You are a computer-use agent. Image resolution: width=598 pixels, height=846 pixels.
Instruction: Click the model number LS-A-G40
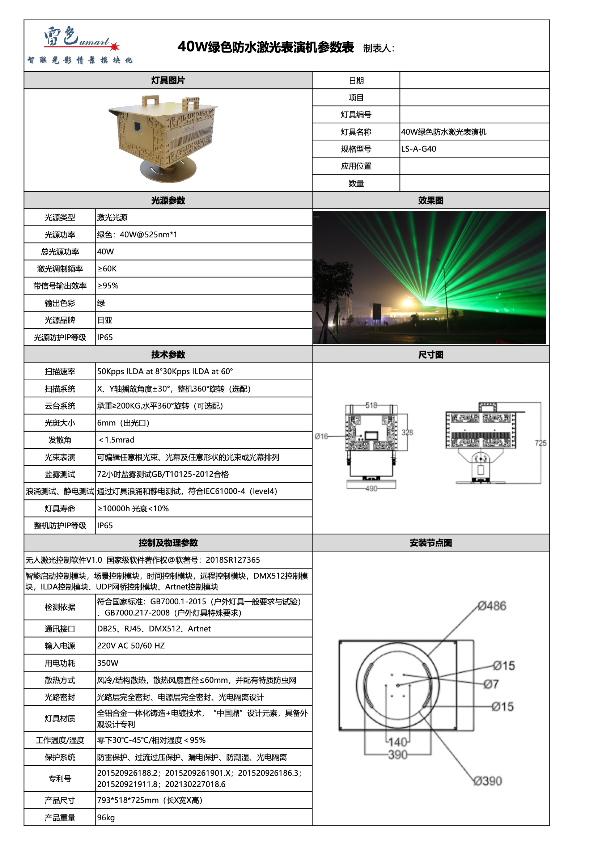(x=419, y=149)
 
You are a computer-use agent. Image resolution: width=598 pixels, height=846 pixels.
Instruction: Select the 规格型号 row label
(x=356, y=149)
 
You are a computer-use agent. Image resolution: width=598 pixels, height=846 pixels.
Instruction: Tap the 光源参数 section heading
(x=168, y=200)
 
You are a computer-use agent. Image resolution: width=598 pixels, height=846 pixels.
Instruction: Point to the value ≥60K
(x=107, y=268)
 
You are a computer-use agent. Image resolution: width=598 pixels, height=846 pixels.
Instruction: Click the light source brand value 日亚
(x=105, y=320)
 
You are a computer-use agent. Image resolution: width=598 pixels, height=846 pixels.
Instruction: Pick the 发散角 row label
(x=60, y=440)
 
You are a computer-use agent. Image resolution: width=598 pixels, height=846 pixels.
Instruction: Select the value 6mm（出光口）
(x=123, y=423)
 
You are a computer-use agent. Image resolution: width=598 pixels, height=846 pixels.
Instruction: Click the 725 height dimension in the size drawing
(x=540, y=443)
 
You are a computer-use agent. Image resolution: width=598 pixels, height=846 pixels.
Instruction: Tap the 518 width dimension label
(x=371, y=405)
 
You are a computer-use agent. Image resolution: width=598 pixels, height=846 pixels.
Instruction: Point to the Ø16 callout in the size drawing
(x=321, y=436)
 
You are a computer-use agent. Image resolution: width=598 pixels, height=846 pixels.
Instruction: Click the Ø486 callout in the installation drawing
(x=492, y=606)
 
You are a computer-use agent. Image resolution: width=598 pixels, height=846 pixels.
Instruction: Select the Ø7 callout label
(x=491, y=684)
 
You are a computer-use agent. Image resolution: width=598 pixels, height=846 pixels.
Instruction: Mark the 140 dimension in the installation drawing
(x=398, y=742)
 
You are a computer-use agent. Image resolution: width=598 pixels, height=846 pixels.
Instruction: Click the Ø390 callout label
(x=488, y=781)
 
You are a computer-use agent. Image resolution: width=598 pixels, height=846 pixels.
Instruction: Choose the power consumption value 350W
(x=107, y=663)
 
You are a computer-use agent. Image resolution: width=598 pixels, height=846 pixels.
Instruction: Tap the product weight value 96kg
(x=106, y=818)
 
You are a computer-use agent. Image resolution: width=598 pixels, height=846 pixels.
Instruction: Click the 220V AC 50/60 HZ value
(x=131, y=646)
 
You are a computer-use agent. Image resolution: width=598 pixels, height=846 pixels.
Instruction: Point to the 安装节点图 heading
(x=431, y=543)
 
